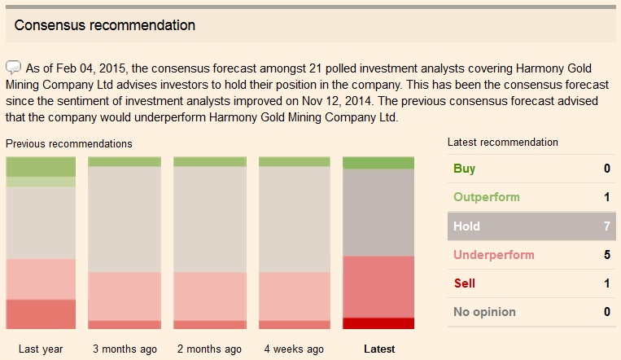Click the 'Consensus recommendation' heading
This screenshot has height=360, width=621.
[104, 25]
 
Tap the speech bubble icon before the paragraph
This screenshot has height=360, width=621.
[14, 67]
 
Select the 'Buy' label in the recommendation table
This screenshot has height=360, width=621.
[464, 169]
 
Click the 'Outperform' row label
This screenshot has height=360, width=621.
[486, 198]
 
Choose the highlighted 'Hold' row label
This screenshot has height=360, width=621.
[466, 226]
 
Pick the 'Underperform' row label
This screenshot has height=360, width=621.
[493, 255]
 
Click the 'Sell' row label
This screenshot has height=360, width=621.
[464, 283]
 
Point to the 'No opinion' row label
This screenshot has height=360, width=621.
[484, 312]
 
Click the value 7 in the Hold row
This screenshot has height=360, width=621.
[606, 226]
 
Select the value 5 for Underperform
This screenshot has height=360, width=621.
[606, 255]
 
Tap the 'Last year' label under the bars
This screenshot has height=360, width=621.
[41, 349]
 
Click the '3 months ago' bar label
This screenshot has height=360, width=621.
[125, 349]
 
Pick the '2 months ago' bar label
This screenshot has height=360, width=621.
[209, 349]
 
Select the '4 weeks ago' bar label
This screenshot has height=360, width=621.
[294, 349]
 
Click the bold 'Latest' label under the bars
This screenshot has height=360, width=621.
[379, 349]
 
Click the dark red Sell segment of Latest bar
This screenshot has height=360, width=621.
[378, 323]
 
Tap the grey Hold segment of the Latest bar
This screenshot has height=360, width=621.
[378, 213]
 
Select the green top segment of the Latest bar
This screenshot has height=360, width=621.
[378, 163]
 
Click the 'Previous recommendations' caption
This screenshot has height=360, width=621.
[68, 143]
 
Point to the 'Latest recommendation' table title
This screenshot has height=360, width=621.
[503, 143]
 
